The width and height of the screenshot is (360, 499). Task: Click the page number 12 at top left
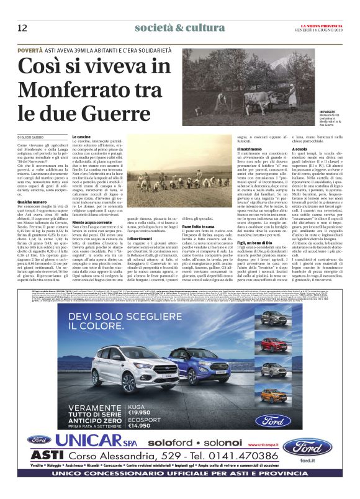[22, 27]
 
